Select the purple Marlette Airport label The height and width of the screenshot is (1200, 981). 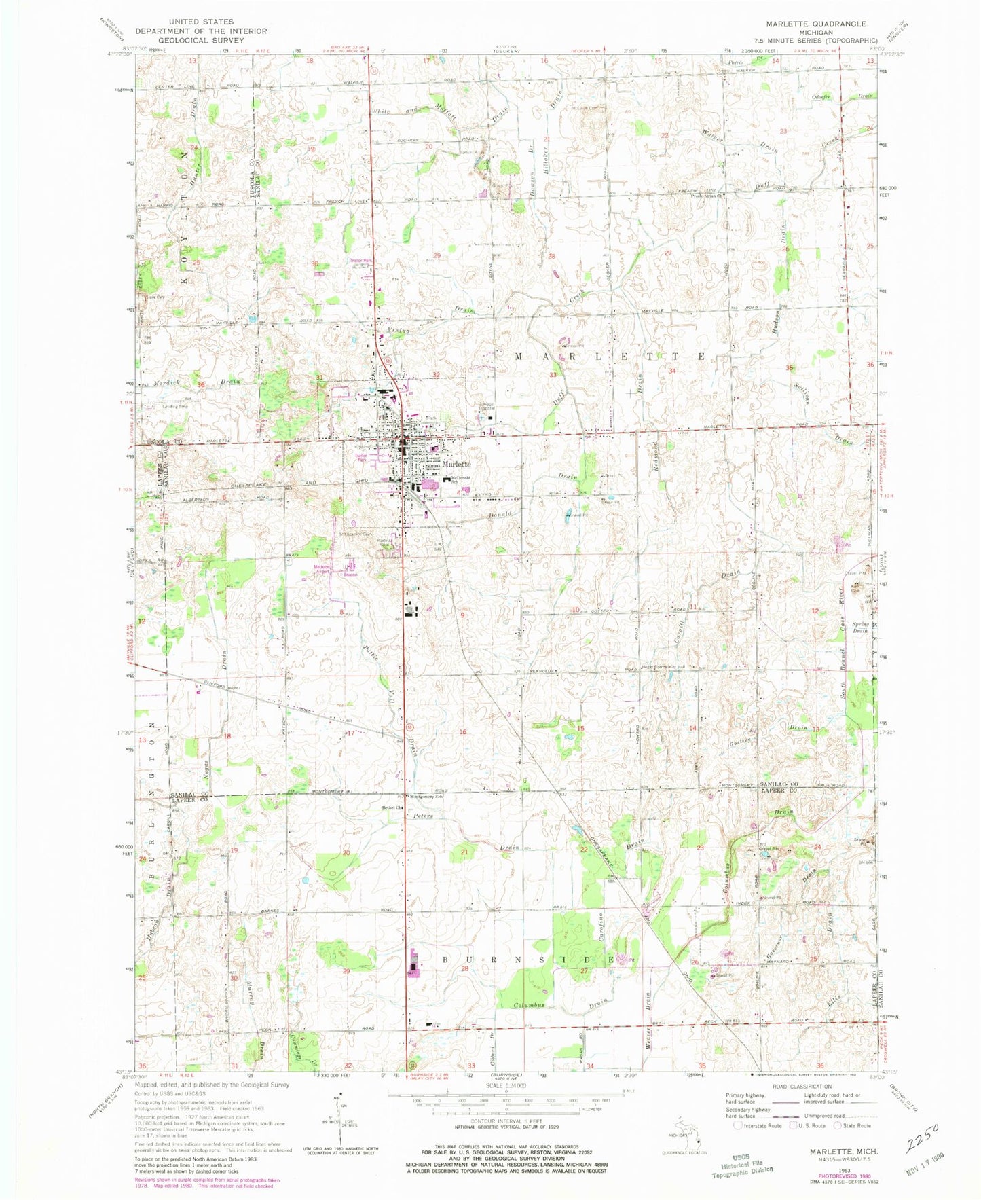321,569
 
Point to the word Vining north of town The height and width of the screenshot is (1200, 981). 399,331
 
